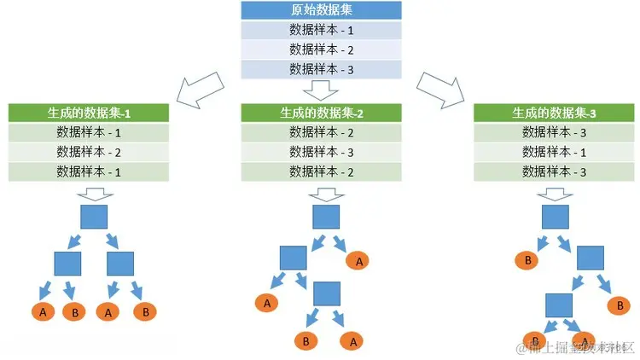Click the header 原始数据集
(321, 10)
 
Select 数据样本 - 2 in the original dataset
(321, 49)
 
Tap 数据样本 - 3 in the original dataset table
(321, 69)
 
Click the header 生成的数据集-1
(89, 113)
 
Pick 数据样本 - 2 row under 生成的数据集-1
(89, 152)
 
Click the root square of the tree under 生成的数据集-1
(94, 215)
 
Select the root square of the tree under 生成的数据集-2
(326, 216)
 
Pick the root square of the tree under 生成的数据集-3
(555, 216)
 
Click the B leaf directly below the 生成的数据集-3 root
(528, 259)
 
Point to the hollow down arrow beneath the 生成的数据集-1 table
(94, 193)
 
